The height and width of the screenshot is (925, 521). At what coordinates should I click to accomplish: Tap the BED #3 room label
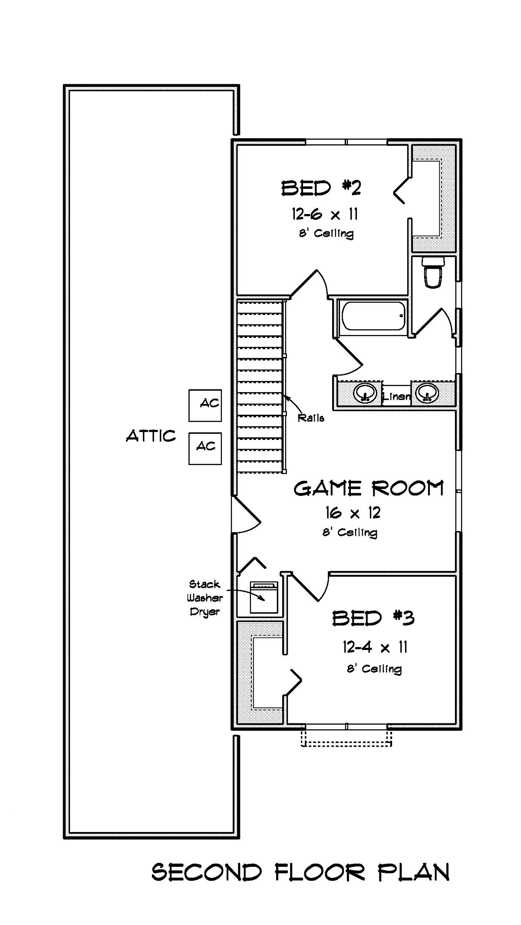(x=373, y=618)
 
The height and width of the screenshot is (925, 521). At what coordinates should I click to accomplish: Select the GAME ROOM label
(x=369, y=488)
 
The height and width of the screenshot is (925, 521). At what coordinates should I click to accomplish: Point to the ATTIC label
(x=151, y=436)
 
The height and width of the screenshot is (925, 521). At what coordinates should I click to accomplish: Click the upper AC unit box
(x=205, y=406)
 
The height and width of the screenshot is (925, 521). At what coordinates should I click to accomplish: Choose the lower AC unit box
(x=205, y=449)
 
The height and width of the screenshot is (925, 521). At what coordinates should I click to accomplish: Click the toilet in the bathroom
(x=434, y=272)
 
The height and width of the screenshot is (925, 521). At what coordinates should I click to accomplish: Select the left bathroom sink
(x=364, y=393)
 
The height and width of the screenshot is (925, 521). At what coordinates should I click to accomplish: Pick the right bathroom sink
(x=427, y=393)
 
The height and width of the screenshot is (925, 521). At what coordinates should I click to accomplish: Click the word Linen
(x=396, y=396)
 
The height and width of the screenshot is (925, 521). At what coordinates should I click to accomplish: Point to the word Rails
(x=311, y=418)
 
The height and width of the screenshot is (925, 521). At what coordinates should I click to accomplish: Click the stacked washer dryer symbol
(x=264, y=597)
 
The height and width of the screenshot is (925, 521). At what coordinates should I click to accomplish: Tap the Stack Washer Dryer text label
(x=205, y=598)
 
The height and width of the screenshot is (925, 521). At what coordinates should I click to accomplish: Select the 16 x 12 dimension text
(x=353, y=513)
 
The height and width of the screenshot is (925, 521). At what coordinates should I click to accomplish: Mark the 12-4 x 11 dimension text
(x=375, y=647)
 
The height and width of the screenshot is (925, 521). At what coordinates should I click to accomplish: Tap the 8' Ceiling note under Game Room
(x=350, y=532)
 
